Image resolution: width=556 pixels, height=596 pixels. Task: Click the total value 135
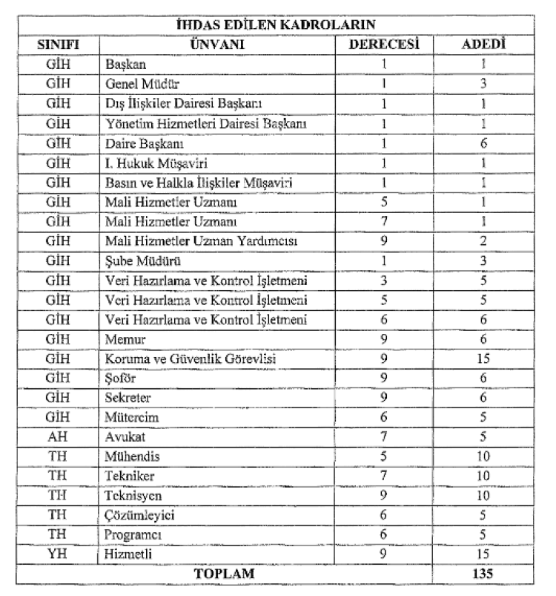pos(483,573)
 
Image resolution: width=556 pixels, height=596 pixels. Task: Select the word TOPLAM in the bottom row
pos(222,573)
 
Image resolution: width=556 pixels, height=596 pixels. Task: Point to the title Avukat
pos(125,436)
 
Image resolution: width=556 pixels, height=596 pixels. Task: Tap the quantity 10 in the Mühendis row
pos(483,455)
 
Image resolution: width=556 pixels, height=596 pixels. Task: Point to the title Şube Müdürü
pos(144,261)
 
